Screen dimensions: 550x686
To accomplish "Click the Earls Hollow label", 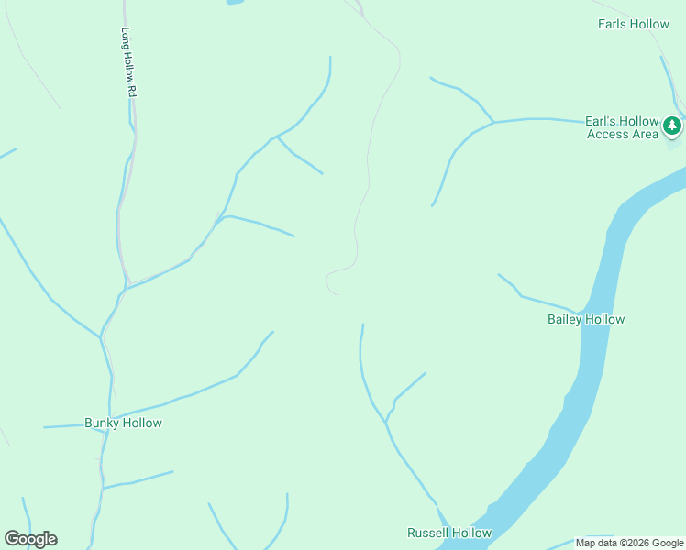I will pos(633,24).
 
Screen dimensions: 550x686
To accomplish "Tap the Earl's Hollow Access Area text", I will pos(622,127).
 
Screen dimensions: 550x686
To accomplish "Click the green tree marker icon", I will pos(672,125).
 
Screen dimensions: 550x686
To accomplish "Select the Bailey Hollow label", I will pos(586,319).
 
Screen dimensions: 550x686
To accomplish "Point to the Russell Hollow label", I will pos(449,533).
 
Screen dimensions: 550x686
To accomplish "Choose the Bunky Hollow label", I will pos(123,423).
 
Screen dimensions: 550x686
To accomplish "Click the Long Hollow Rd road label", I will pos(128,61).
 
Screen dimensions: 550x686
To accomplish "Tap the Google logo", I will pos(30,539).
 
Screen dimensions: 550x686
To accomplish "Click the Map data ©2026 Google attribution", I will pos(630,543).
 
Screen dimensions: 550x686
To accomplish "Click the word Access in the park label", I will pos(608,134).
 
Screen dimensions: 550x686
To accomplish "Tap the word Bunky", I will pos(103,423).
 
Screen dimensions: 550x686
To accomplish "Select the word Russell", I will pos(427,533).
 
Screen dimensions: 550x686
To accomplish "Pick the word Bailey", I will pos(565,319).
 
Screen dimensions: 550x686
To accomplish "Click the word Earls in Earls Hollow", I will pos(612,24).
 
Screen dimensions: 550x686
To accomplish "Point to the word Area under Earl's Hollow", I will pos(645,134).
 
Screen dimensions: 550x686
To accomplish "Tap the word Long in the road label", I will pos(127,37).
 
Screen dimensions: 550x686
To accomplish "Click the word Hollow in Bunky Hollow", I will pos(143,423).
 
